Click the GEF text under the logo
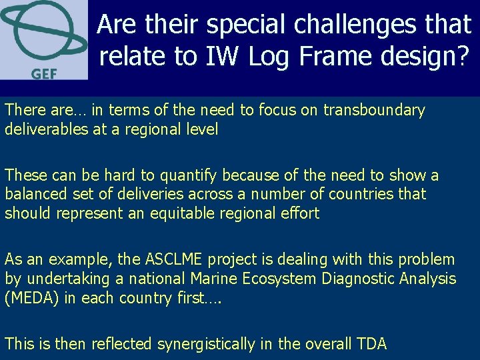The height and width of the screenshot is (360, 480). point(43,73)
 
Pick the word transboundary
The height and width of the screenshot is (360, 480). point(374,110)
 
